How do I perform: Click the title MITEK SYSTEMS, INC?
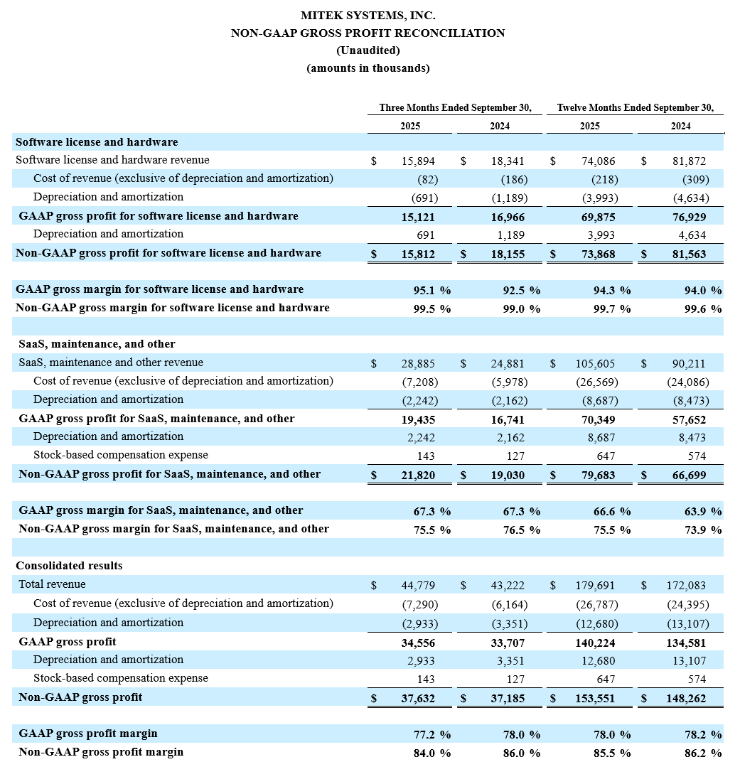tap(368, 15)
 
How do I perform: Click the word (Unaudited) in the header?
tap(368, 50)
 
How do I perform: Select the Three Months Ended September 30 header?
tap(455, 108)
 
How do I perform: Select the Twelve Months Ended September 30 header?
tap(635, 108)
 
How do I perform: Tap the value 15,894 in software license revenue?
tap(418, 161)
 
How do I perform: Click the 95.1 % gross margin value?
tap(431, 290)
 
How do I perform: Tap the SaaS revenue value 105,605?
tap(596, 364)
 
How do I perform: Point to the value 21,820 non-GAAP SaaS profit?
tap(418, 475)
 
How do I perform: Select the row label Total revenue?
tap(52, 584)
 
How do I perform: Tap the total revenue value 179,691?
tap(596, 586)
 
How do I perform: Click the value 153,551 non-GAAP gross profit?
tap(596, 698)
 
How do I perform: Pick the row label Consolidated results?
tap(69, 566)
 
